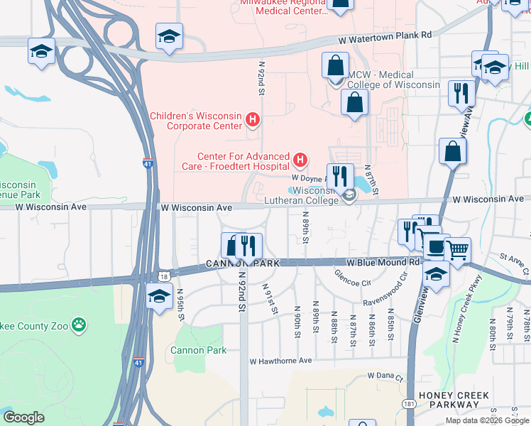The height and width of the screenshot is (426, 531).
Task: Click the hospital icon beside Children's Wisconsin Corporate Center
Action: (x=253, y=120)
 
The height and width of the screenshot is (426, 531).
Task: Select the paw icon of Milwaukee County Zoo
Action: (x=80, y=326)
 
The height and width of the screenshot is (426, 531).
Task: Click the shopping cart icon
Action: (x=457, y=249)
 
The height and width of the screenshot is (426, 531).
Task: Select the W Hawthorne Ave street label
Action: (x=280, y=361)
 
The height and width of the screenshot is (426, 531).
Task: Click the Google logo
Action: (x=23, y=417)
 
